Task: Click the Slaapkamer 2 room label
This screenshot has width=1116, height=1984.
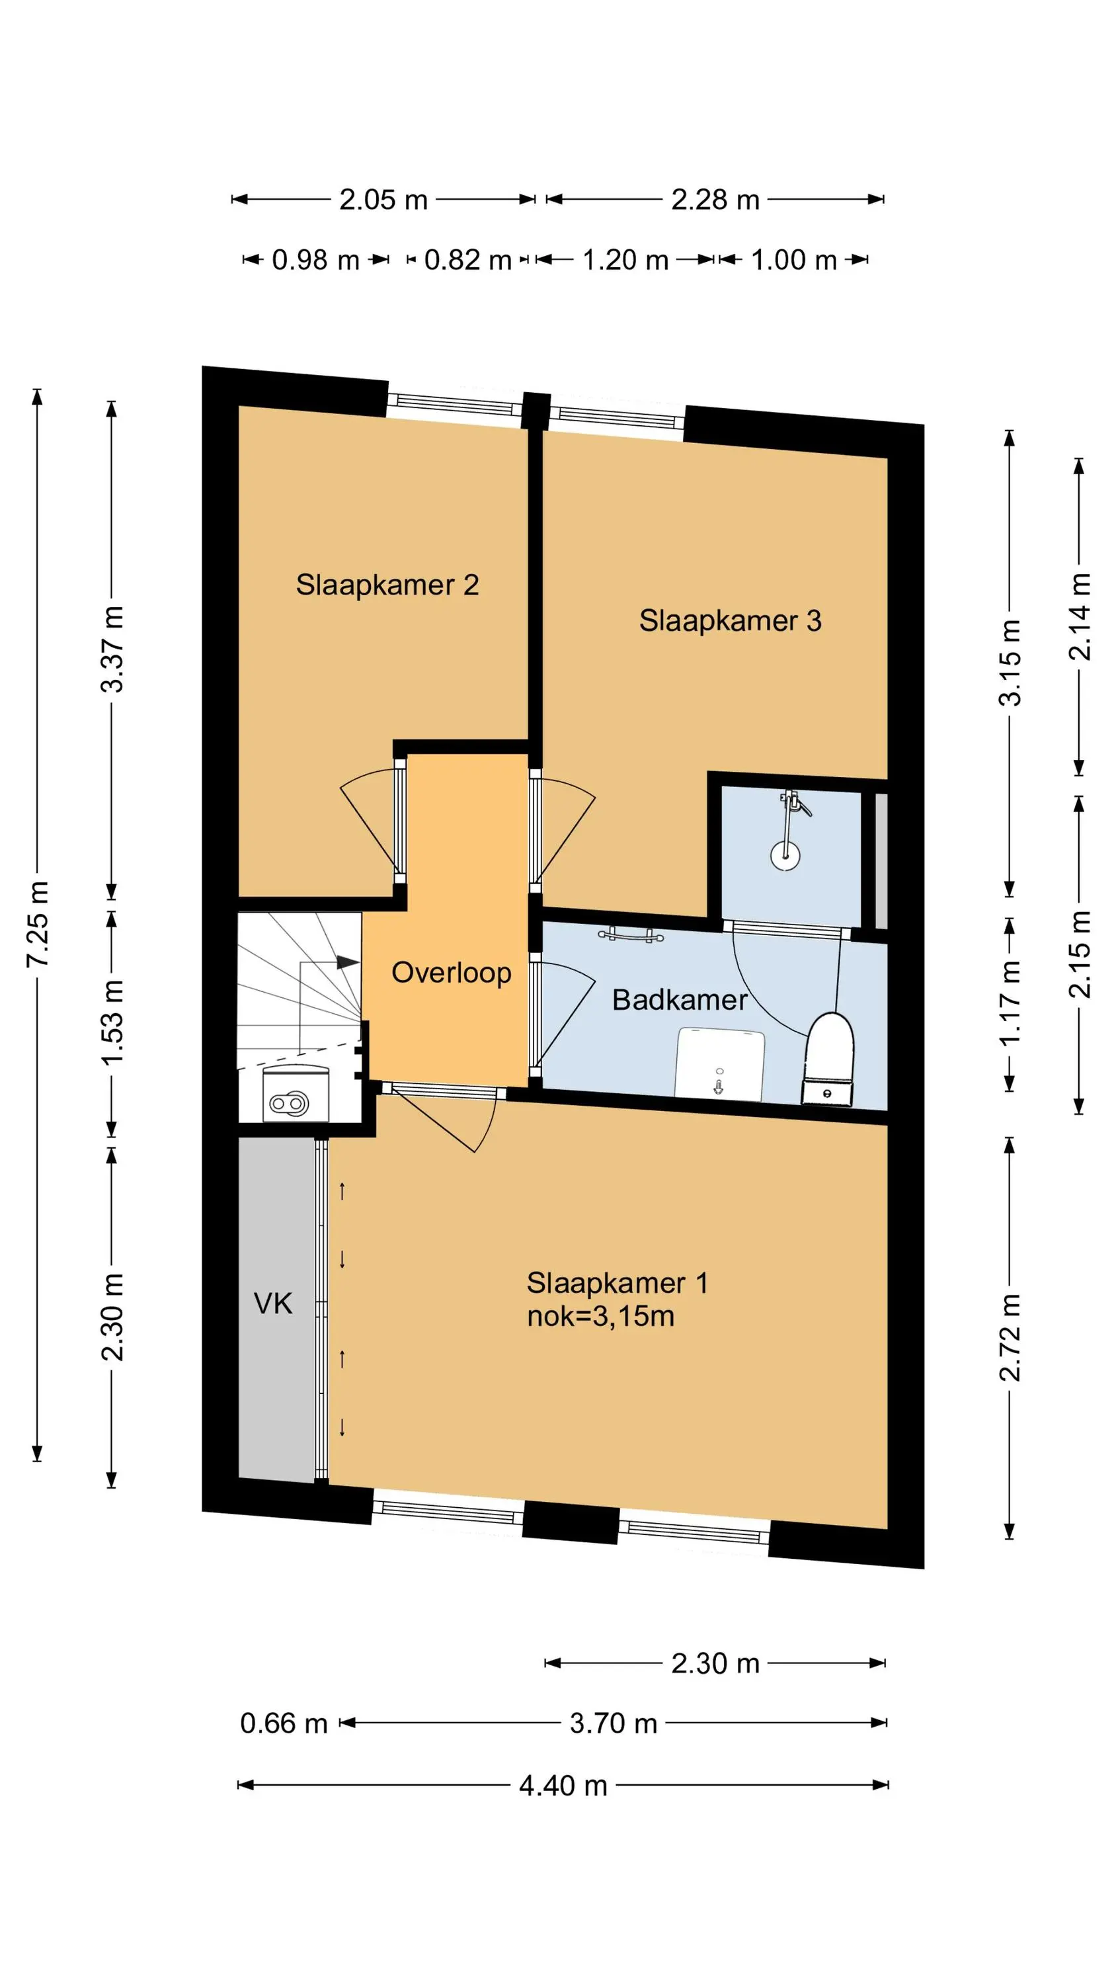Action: pos(387,585)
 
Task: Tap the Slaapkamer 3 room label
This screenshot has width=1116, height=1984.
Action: pos(730,621)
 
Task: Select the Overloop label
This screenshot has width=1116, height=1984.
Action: pos(452,973)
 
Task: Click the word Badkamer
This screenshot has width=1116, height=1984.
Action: pos(679,1000)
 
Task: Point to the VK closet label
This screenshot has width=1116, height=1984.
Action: pos(274,1304)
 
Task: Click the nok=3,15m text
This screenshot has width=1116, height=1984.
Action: pos(601,1316)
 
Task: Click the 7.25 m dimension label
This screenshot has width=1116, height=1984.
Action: pos(38,925)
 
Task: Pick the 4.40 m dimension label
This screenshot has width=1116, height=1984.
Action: pos(563,1786)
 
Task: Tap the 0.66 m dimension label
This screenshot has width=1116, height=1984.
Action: pos(284,1723)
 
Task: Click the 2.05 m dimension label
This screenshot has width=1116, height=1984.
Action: pos(383,200)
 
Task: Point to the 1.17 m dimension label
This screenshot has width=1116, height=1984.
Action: pos(1010,1003)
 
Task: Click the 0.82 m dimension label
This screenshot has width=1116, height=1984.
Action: pos(468,261)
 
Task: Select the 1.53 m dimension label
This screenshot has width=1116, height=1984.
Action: pos(112,1023)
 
